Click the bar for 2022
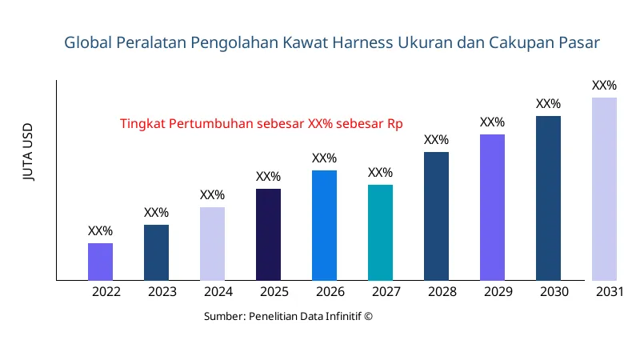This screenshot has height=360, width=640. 100,262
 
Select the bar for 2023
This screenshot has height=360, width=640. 156,253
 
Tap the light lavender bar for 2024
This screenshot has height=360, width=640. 212,244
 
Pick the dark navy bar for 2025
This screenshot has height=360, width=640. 268,234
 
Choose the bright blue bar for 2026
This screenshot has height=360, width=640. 324,226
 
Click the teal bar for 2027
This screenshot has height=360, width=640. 380,233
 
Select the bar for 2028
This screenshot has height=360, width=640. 436,216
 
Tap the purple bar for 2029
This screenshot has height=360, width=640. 492,207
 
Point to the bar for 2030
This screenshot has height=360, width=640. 548,198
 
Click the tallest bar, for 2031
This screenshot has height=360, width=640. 604,189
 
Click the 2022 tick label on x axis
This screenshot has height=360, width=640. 106,292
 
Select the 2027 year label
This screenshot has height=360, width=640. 386,292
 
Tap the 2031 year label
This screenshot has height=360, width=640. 610,292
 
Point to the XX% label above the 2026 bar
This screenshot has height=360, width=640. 324,158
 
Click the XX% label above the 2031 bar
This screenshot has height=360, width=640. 604,86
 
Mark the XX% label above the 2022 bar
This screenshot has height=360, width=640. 100,231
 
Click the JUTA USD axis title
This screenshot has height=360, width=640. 29,153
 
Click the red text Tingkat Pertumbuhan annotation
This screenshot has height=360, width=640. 261,124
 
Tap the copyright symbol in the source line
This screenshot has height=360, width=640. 369,316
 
